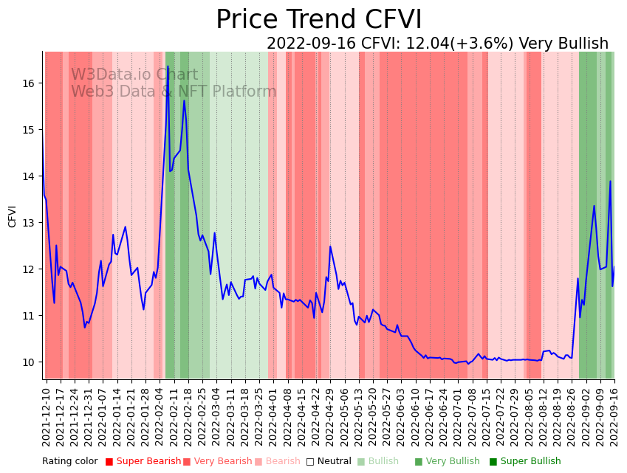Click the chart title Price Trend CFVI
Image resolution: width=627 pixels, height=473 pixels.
(318, 20)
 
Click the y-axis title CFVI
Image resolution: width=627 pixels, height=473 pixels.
(13, 216)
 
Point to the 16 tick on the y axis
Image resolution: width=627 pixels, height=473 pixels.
(29, 83)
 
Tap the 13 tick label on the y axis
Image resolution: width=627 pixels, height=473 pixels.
(29, 223)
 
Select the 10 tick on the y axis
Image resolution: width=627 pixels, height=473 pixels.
(29, 362)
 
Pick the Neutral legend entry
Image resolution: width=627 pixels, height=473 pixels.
(334, 461)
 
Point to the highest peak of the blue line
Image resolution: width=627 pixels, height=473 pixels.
(168, 66)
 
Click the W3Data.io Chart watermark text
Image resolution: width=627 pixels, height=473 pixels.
(134, 75)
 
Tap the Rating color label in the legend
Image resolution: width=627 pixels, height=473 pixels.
(69, 461)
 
